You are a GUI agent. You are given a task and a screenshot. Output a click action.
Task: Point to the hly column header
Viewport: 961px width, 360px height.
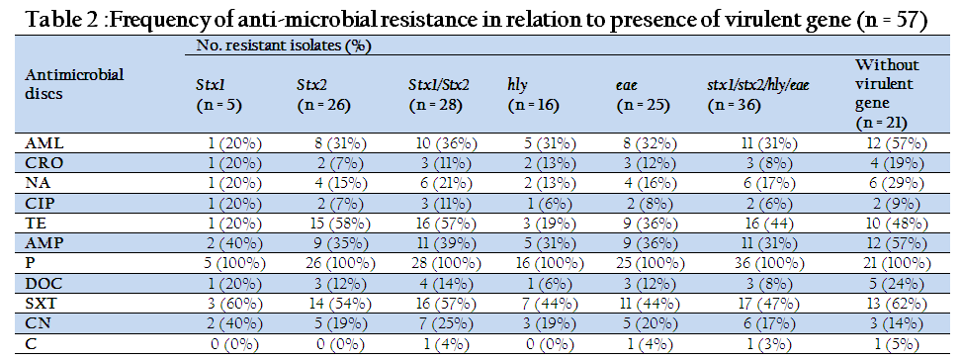533,95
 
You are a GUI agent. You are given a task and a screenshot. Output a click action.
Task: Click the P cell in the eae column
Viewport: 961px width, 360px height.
645,264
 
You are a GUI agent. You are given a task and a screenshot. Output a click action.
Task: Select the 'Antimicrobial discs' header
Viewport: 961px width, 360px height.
74,85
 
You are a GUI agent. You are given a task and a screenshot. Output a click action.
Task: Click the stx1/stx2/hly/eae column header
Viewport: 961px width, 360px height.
758,95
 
